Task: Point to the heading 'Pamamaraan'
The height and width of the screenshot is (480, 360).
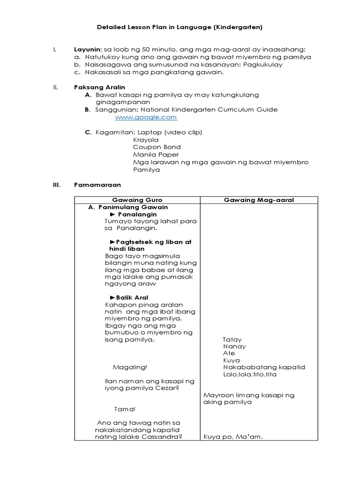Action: [x=97, y=185]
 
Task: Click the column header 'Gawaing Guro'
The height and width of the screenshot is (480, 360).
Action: [x=137, y=200]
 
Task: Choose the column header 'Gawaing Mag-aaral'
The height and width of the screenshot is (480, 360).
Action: [x=259, y=200]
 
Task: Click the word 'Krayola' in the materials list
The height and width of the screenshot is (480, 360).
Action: [x=146, y=140]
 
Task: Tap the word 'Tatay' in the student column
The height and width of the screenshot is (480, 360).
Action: [x=232, y=339]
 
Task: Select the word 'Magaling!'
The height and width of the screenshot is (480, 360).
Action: [x=130, y=367]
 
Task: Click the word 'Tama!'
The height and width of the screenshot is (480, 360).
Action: [x=125, y=409]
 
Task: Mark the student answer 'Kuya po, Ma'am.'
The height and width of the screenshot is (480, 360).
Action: [x=233, y=437]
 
